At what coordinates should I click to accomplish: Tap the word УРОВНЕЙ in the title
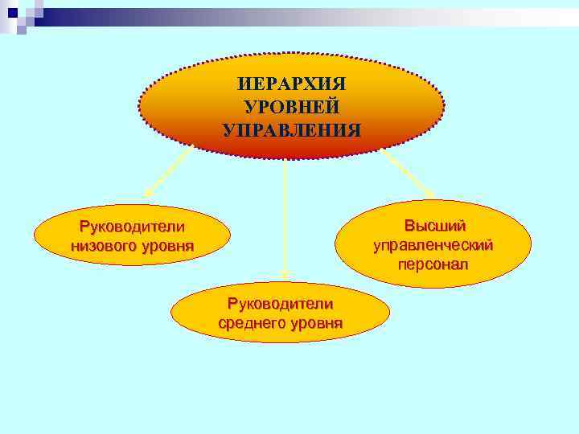(292, 107)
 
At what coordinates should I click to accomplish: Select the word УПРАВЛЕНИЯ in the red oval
(292, 130)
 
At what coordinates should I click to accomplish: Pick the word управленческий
(433, 245)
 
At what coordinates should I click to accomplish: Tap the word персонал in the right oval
(433, 264)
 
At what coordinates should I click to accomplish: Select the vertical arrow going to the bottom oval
(285, 217)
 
